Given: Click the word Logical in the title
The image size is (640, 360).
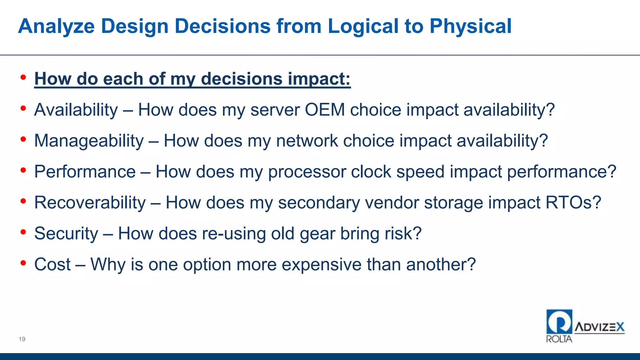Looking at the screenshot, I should [x=362, y=26].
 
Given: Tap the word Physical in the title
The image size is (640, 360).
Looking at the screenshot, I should [x=470, y=26].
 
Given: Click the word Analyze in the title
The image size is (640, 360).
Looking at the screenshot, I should [x=56, y=26].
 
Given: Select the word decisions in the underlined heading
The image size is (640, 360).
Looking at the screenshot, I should [x=242, y=79].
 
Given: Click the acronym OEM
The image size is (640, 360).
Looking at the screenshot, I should [x=325, y=110].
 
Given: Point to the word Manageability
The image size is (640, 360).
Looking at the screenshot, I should [x=89, y=141].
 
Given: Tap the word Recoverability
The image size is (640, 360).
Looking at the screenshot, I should [x=90, y=203].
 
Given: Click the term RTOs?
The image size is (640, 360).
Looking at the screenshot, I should [x=573, y=203].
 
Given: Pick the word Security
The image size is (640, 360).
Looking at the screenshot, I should [x=66, y=234].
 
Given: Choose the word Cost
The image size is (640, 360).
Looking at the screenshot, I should [x=52, y=265].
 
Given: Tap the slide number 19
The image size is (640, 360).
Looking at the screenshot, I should [x=22, y=339].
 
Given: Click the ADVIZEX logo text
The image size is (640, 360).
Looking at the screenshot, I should [x=599, y=327].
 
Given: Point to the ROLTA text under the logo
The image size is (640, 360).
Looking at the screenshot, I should [x=559, y=339].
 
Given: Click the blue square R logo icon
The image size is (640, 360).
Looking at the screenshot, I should [x=559, y=322].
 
